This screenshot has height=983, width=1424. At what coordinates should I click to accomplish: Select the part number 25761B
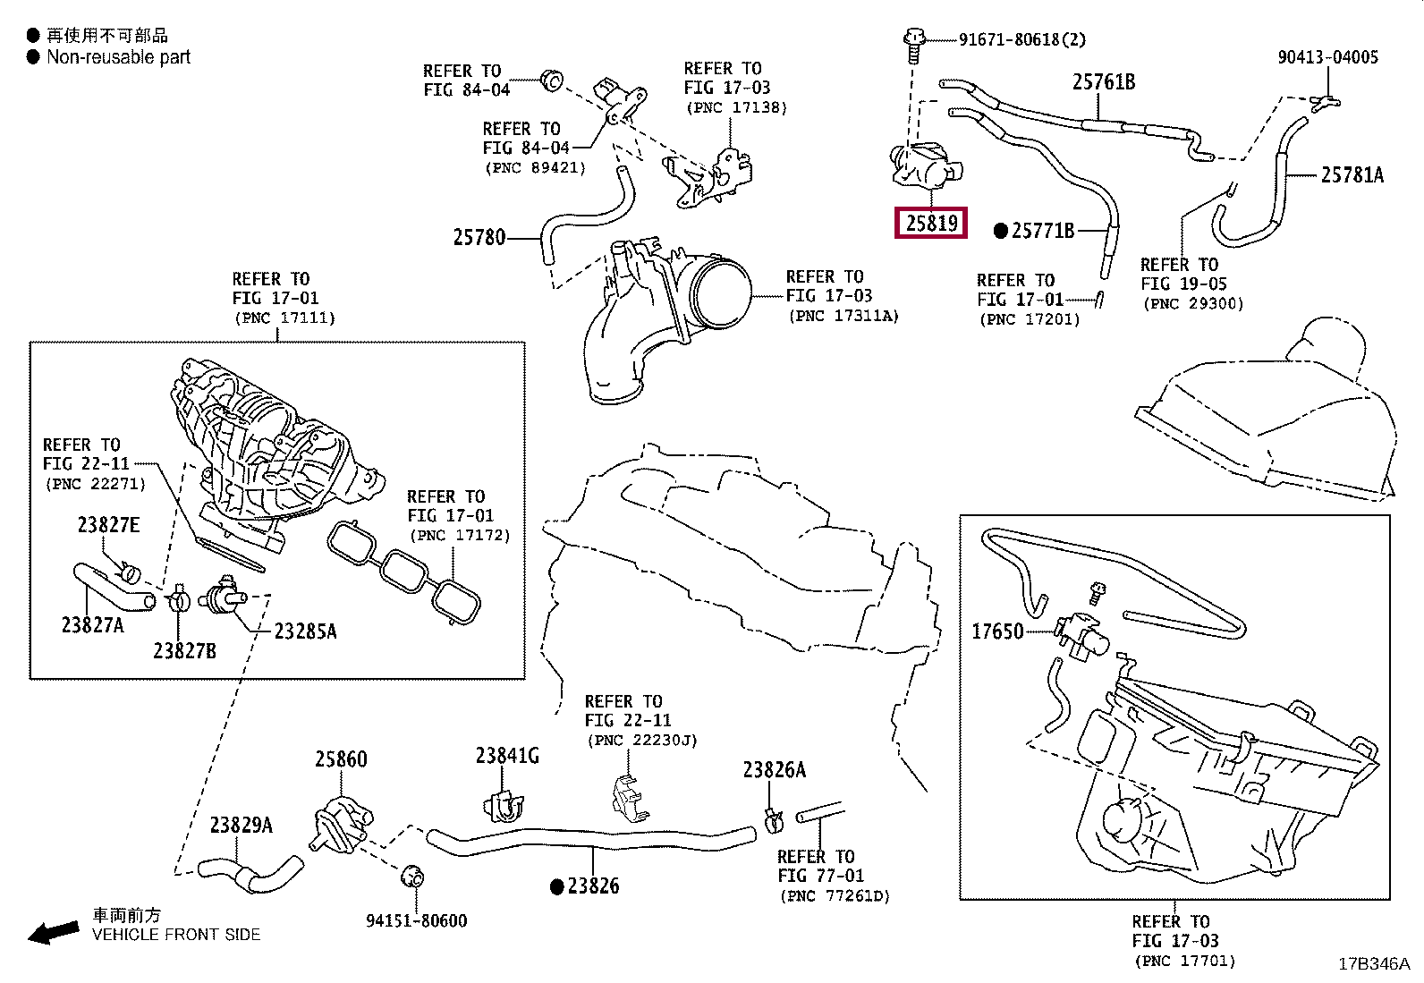(1103, 82)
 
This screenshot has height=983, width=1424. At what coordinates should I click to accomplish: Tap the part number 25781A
(1352, 175)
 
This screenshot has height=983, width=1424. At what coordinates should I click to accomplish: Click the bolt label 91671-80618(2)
(1021, 39)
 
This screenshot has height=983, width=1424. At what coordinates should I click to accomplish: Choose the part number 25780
(479, 237)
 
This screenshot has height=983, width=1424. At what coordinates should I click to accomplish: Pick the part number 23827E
(108, 525)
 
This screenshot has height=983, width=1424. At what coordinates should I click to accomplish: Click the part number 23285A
(305, 631)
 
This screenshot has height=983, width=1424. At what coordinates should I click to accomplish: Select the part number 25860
(341, 758)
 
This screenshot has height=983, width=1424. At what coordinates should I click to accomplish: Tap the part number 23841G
(506, 756)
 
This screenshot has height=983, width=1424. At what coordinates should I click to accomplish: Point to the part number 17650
(997, 631)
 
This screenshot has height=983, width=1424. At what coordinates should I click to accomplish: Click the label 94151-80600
(416, 920)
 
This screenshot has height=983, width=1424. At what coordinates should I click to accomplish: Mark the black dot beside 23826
(557, 886)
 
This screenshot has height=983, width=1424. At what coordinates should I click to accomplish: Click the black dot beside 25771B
(1002, 232)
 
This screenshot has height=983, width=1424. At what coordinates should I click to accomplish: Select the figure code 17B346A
(1373, 964)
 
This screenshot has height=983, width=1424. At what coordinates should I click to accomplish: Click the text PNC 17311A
(843, 316)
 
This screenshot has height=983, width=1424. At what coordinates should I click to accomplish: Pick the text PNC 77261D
(835, 895)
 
